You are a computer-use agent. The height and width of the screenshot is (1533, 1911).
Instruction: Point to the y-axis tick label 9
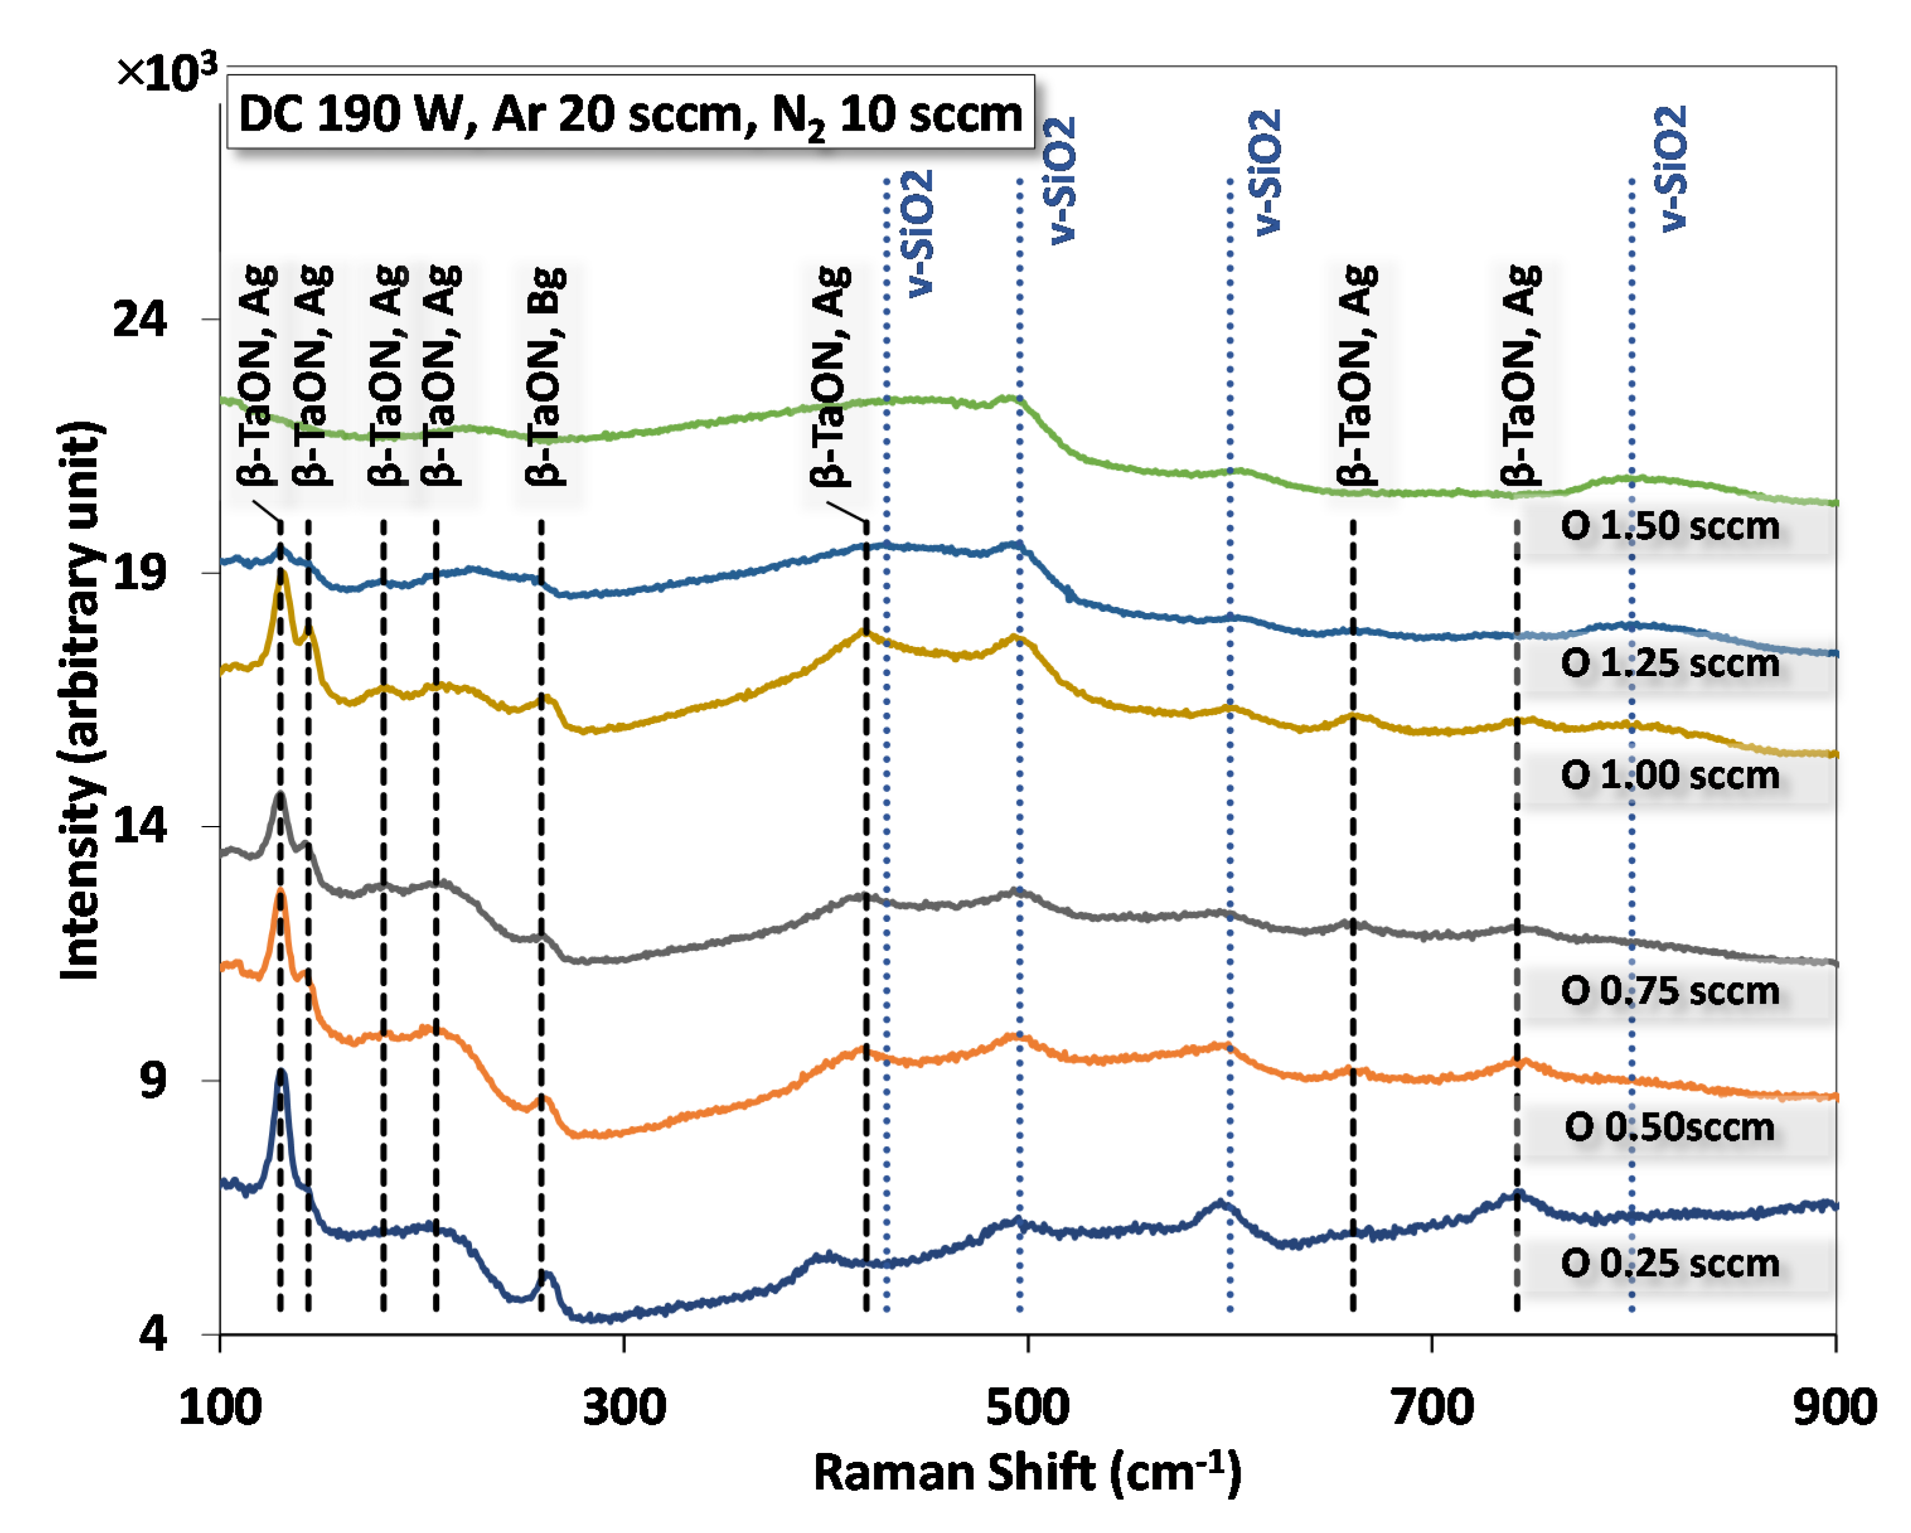152,1080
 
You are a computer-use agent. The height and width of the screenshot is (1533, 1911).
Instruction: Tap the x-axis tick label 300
623,1408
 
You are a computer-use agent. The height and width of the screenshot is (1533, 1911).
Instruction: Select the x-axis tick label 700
1432,1408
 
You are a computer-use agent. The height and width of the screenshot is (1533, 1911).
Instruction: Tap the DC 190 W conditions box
630,113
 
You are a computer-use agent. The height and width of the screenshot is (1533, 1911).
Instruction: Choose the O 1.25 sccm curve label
1670,663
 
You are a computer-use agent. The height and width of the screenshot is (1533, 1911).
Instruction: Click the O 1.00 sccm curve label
1670,776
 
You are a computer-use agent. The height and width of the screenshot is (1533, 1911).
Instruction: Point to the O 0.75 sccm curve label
1670,991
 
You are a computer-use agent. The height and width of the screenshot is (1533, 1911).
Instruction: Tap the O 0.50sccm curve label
1670,1128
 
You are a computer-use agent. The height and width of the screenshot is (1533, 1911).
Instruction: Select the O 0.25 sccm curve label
1670,1263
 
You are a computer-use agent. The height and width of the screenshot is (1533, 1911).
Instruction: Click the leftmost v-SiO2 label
918,233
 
